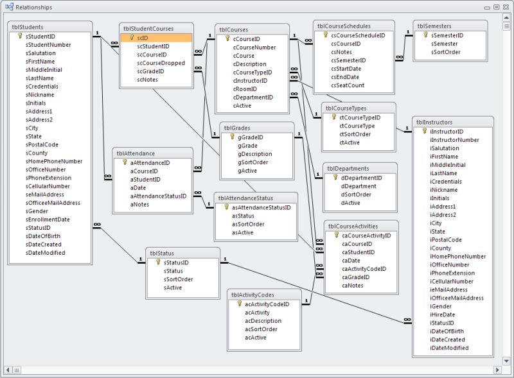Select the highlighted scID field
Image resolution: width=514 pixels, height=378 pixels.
tap(143, 39)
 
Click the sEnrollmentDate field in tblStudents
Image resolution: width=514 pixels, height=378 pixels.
tap(48, 219)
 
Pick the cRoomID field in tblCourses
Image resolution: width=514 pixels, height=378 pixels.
tap(245, 89)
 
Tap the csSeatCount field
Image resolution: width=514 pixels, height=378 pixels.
tap(348, 85)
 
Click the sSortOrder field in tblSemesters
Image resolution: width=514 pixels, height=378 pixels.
tap(446, 52)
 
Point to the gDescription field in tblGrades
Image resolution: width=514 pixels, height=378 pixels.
tap(255, 154)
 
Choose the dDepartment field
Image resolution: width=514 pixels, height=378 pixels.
tap(359, 186)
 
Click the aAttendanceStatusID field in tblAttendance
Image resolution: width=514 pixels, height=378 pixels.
tap(158, 196)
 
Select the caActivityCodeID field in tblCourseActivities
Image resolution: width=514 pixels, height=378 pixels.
tap(364, 268)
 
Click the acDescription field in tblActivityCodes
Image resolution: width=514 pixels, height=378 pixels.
tap(263, 321)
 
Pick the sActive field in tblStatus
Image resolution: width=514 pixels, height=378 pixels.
tap(173, 288)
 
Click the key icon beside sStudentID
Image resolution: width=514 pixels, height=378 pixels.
tap(19, 37)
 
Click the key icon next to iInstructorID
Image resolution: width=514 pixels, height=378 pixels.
tap(424, 131)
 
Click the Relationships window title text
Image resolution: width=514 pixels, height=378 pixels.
tap(35, 7)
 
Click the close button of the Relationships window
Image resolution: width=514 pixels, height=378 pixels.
tap(505, 7)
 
